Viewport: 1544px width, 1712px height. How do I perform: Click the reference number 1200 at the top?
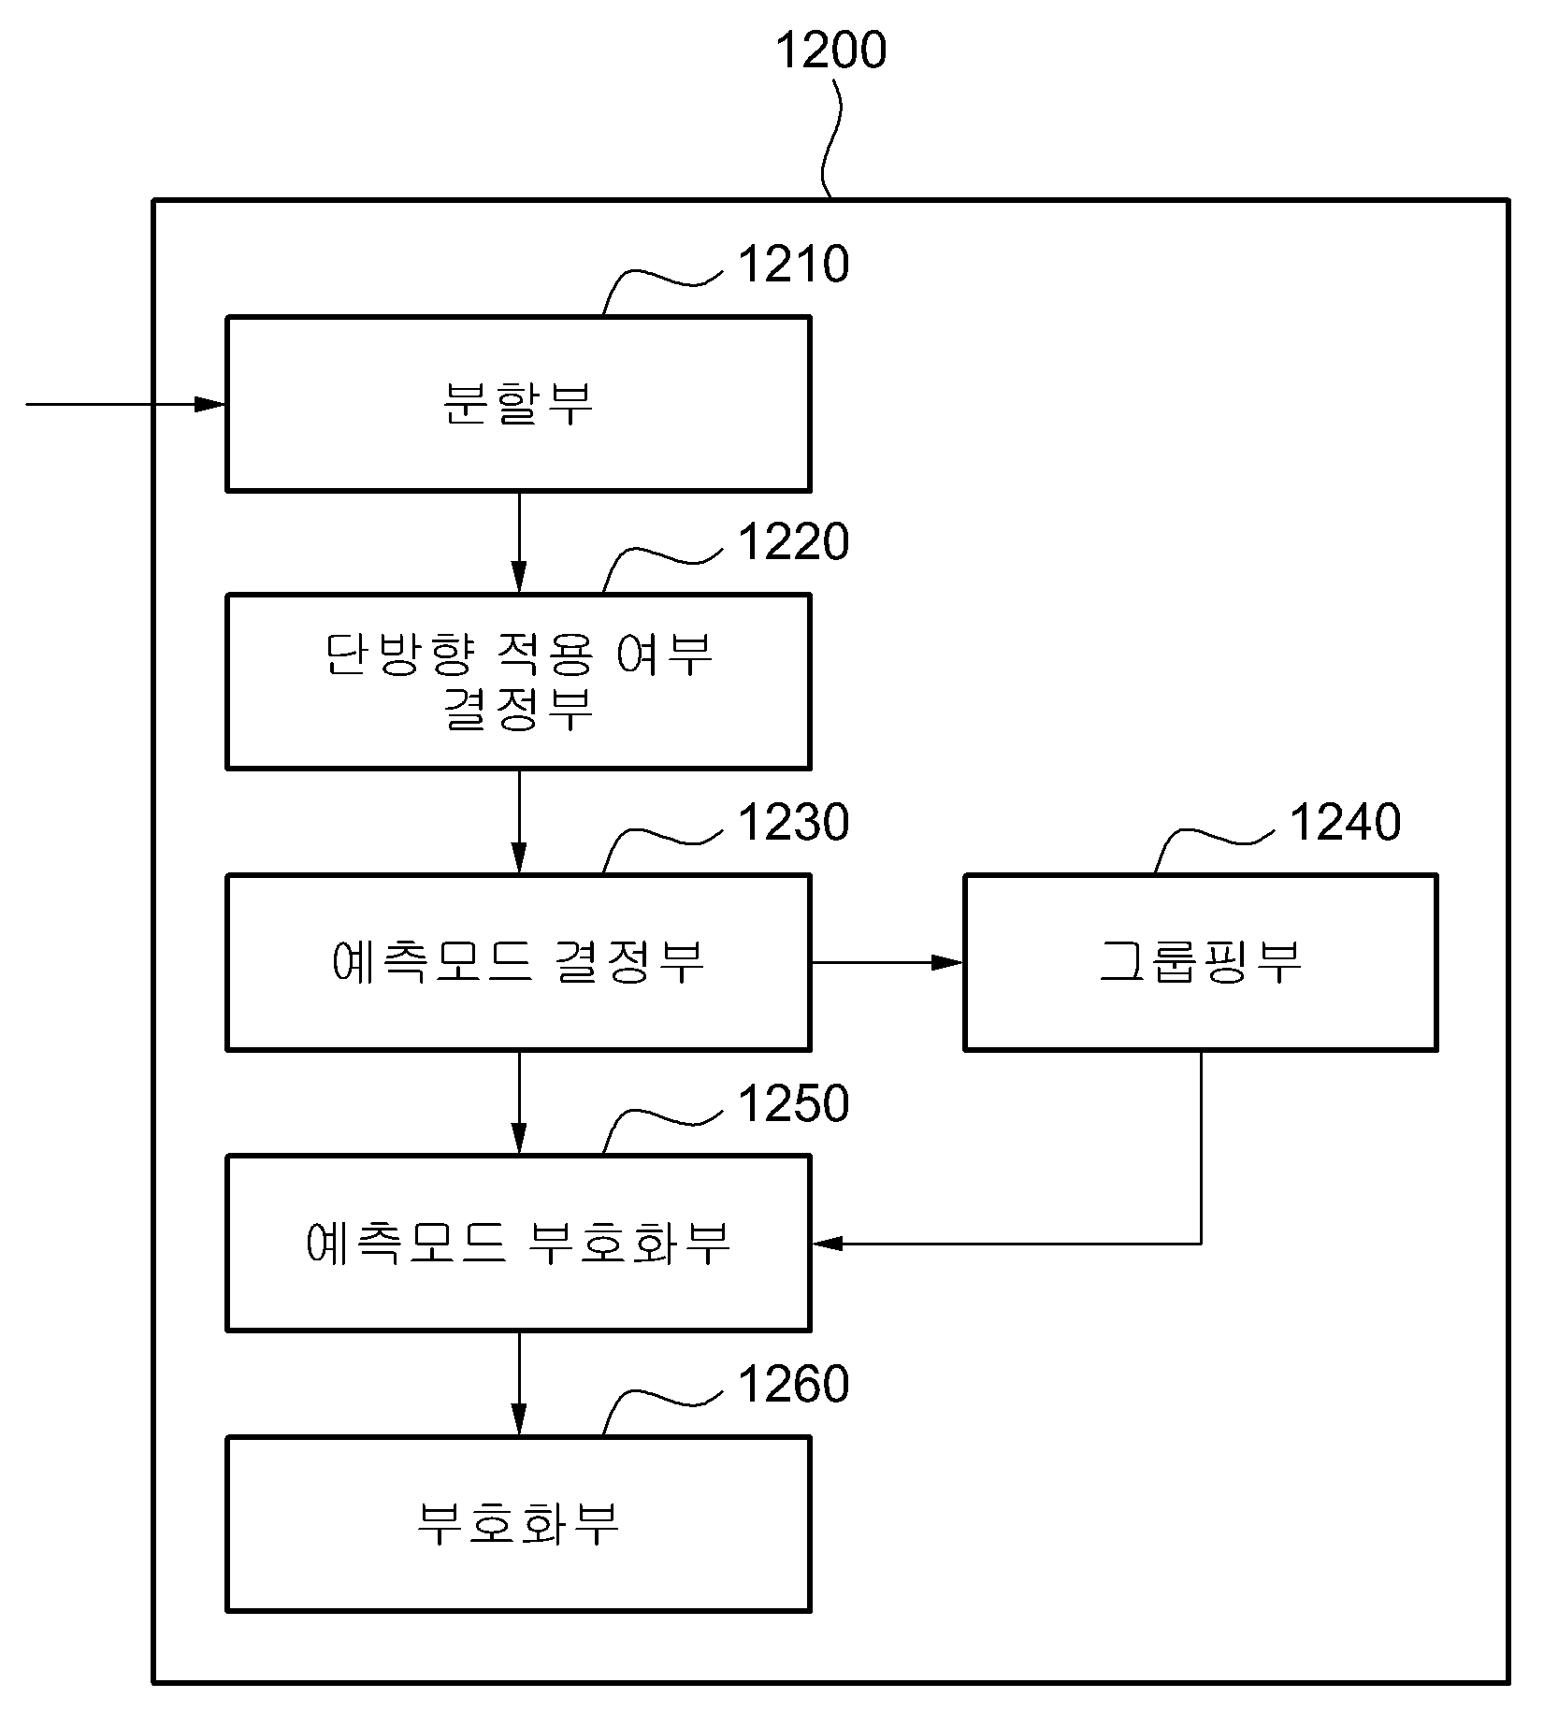point(830,50)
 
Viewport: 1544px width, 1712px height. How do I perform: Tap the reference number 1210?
point(794,265)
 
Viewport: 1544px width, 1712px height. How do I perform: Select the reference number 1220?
point(794,542)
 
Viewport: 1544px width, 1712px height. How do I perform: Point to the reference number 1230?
point(794,823)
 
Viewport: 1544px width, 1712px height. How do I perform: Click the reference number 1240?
point(1346,823)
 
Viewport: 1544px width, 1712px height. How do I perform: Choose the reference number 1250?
point(794,1103)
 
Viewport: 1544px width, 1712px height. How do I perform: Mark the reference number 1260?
point(794,1384)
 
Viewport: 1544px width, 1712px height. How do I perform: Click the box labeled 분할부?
point(518,404)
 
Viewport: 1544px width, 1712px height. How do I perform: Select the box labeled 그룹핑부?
point(1201,962)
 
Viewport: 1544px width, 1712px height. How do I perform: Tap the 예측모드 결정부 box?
point(518,962)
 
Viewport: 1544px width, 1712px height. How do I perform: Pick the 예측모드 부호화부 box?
point(518,1244)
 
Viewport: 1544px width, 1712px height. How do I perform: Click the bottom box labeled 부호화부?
point(518,1524)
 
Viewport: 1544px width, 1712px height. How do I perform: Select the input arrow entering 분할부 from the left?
point(126,404)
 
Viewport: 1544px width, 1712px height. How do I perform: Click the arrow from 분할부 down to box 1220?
point(519,542)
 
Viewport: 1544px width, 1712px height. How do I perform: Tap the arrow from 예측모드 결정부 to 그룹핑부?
point(887,962)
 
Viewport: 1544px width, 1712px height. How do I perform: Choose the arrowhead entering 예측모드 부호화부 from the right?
point(828,1244)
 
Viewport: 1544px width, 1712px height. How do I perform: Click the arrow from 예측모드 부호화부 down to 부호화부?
point(519,1384)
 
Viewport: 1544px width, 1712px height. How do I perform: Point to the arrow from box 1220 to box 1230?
point(519,822)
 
